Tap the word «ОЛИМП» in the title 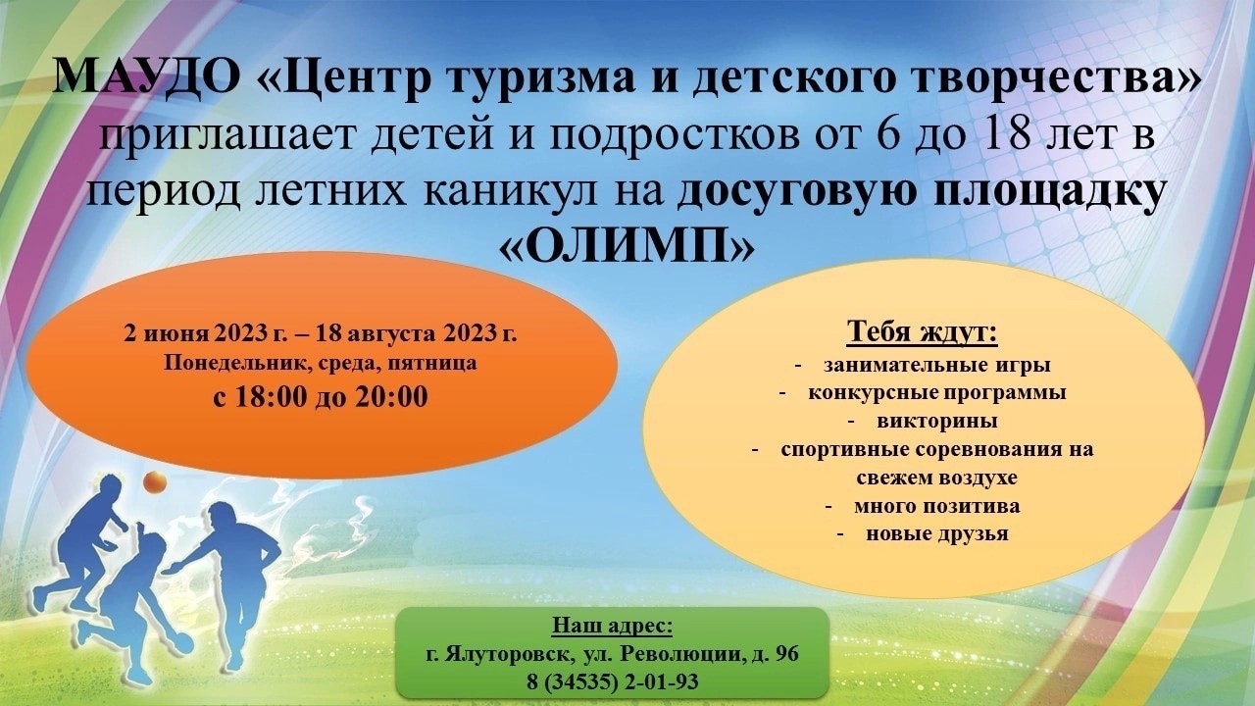click(x=626, y=244)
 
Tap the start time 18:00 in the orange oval click(x=271, y=397)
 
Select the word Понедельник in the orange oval click(x=237, y=364)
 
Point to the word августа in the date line click(x=391, y=334)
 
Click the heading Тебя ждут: click(x=923, y=331)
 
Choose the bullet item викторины click(x=937, y=421)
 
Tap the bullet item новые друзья click(x=937, y=533)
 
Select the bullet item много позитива click(x=936, y=506)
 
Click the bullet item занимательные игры click(x=936, y=366)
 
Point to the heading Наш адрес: click(x=613, y=626)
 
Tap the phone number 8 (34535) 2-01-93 click(x=613, y=681)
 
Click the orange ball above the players click(x=154, y=481)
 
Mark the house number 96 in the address click(x=787, y=653)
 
